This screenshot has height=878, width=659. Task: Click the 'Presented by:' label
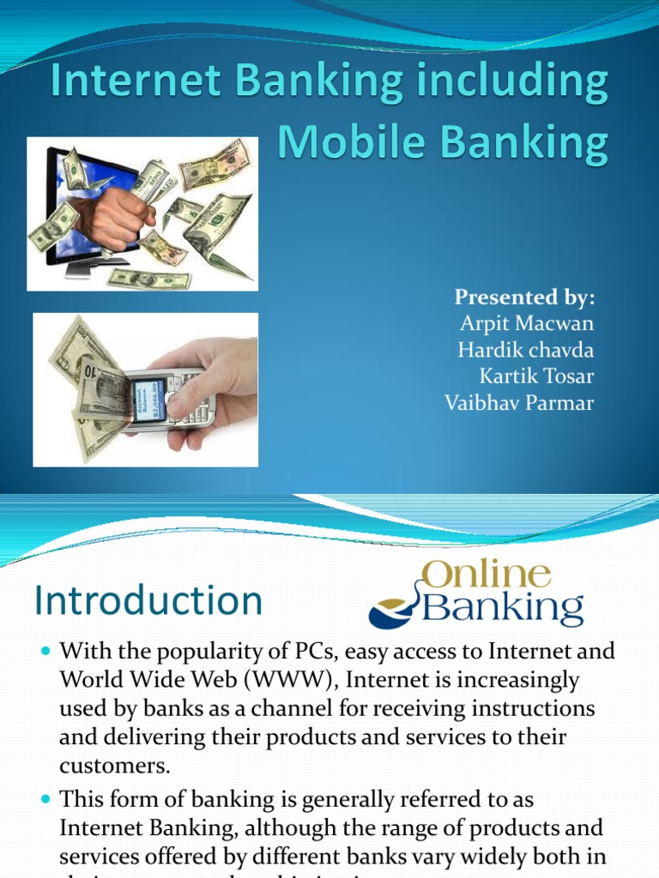point(524,298)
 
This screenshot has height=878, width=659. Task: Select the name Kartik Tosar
point(537,376)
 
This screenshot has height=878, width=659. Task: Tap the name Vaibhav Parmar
point(519,403)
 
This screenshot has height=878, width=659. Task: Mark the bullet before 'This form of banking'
point(46,799)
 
